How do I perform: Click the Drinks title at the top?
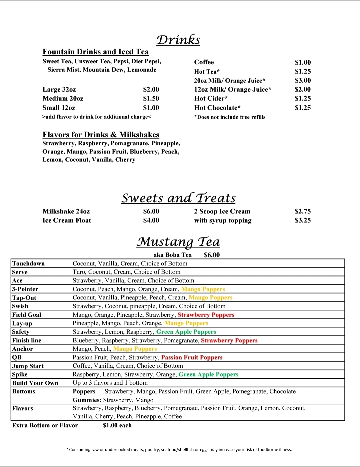coord(178,40)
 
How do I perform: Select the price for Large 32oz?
coord(151,89)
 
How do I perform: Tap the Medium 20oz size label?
coord(63,98)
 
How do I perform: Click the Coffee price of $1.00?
coord(303,62)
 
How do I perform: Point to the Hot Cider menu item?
coord(211,98)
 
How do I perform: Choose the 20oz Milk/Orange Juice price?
coord(303,80)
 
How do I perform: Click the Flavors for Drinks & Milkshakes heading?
coord(101,135)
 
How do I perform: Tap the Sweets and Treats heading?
coord(178,198)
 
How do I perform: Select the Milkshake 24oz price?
coord(151,211)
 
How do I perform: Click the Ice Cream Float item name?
coord(67,220)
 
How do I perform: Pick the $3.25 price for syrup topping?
coord(303,220)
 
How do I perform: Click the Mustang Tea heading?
coord(178,241)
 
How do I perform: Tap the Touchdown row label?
coord(28,263)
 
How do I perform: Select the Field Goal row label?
coord(27,315)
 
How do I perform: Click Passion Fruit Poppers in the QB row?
coord(192,357)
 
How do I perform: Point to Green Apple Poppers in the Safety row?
coord(186,332)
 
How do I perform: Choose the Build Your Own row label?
coord(35,383)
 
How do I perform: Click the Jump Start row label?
coord(28,366)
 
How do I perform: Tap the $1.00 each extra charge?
coord(117,425)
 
